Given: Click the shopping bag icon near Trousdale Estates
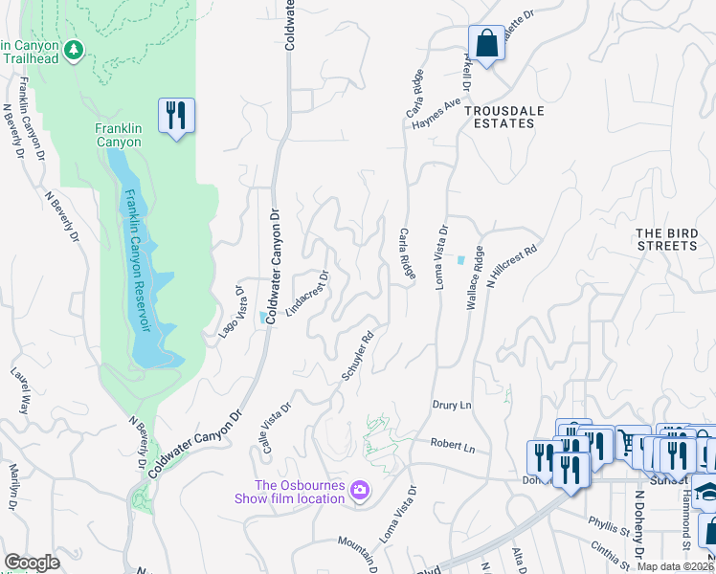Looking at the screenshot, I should pos(486,43).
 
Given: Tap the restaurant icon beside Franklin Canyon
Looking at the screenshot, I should pos(176,116).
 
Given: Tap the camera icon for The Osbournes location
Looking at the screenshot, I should pos(360,491).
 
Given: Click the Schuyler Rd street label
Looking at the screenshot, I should pos(357,356).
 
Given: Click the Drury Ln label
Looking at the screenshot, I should pos(453,406).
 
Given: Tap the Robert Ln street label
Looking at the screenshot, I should pos(453,446).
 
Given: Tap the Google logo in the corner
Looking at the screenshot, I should pos(32,563).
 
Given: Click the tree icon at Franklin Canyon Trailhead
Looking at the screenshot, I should pos(73,49).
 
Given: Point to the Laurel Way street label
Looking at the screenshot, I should pos(18,388).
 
